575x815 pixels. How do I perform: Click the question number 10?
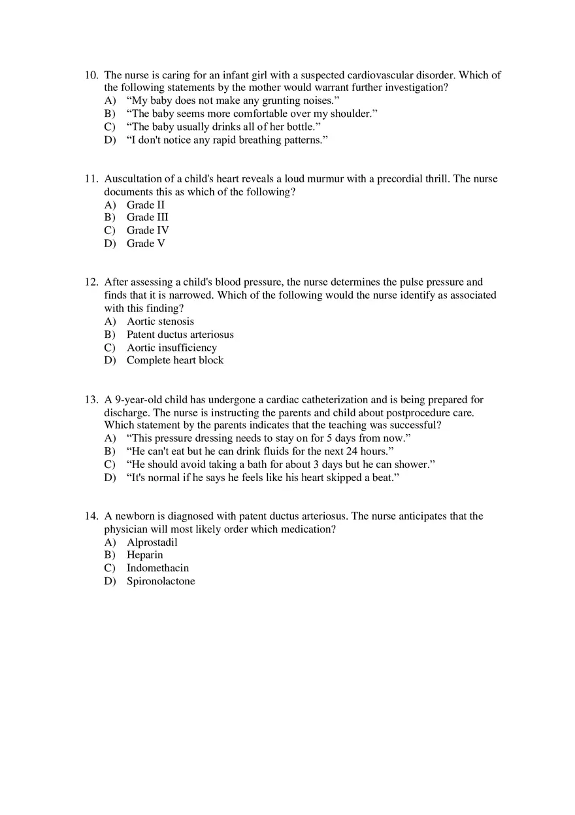[91, 75]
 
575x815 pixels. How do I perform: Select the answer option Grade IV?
[148, 230]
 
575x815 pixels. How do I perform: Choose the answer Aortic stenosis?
[160, 322]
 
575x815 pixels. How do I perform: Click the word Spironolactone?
[161, 581]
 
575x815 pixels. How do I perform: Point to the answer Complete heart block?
[174, 360]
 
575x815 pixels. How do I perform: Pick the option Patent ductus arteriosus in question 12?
[180, 335]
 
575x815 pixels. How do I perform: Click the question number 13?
[91, 399]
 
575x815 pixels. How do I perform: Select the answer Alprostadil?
[152, 542]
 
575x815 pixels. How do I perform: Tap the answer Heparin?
[144, 555]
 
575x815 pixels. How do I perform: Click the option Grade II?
[145, 205]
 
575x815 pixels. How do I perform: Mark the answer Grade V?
[146, 243]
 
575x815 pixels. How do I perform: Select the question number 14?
[91, 516]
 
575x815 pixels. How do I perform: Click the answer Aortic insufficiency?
[171, 348]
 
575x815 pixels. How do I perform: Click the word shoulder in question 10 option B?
[350, 114]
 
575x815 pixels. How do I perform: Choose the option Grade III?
[147, 217]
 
